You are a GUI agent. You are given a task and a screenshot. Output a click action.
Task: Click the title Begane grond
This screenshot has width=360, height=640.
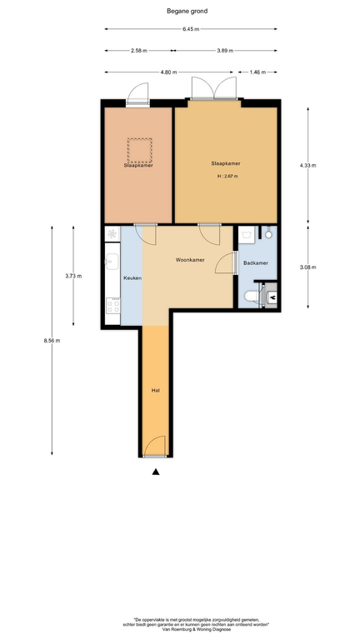point(187,11)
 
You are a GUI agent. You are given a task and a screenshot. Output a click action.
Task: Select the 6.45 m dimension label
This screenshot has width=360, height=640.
point(191,29)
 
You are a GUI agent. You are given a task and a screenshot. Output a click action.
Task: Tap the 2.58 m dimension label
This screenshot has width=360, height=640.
point(139,51)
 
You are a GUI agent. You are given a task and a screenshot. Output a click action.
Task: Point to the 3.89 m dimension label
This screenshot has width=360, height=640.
point(225,51)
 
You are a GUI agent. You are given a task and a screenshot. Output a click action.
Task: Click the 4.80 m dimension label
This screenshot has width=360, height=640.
point(168,72)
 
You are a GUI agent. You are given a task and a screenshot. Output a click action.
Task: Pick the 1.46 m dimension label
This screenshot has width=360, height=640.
point(257,72)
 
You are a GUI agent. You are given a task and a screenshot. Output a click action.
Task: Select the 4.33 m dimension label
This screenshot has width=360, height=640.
point(307,165)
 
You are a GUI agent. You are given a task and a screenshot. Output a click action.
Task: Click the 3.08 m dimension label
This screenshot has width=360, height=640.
point(307,267)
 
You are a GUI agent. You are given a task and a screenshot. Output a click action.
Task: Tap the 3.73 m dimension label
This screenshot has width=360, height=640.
point(73,276)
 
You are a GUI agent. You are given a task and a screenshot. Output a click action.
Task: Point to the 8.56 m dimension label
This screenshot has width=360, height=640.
point(52,341)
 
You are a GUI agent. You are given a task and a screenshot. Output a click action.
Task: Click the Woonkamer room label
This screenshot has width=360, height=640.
point(190,260)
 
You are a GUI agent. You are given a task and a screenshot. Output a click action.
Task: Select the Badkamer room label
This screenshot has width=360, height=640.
point(256,263)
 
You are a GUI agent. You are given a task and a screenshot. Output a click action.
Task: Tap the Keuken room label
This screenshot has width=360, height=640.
point(132,278)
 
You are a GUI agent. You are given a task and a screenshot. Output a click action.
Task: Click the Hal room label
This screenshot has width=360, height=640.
point(155,391)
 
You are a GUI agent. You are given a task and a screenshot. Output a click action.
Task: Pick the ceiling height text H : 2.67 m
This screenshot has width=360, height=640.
point(227,177)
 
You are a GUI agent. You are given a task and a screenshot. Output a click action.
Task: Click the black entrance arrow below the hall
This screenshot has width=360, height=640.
point(156,472)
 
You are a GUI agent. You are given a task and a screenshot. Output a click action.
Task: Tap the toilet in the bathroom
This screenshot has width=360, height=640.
point(252,296)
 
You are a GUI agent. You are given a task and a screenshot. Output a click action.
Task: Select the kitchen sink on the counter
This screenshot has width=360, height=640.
point(112,261)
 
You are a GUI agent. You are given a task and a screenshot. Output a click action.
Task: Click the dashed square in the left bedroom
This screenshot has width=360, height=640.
point(140,150)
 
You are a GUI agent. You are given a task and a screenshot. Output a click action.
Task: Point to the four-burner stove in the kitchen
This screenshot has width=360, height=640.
point(113,306)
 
